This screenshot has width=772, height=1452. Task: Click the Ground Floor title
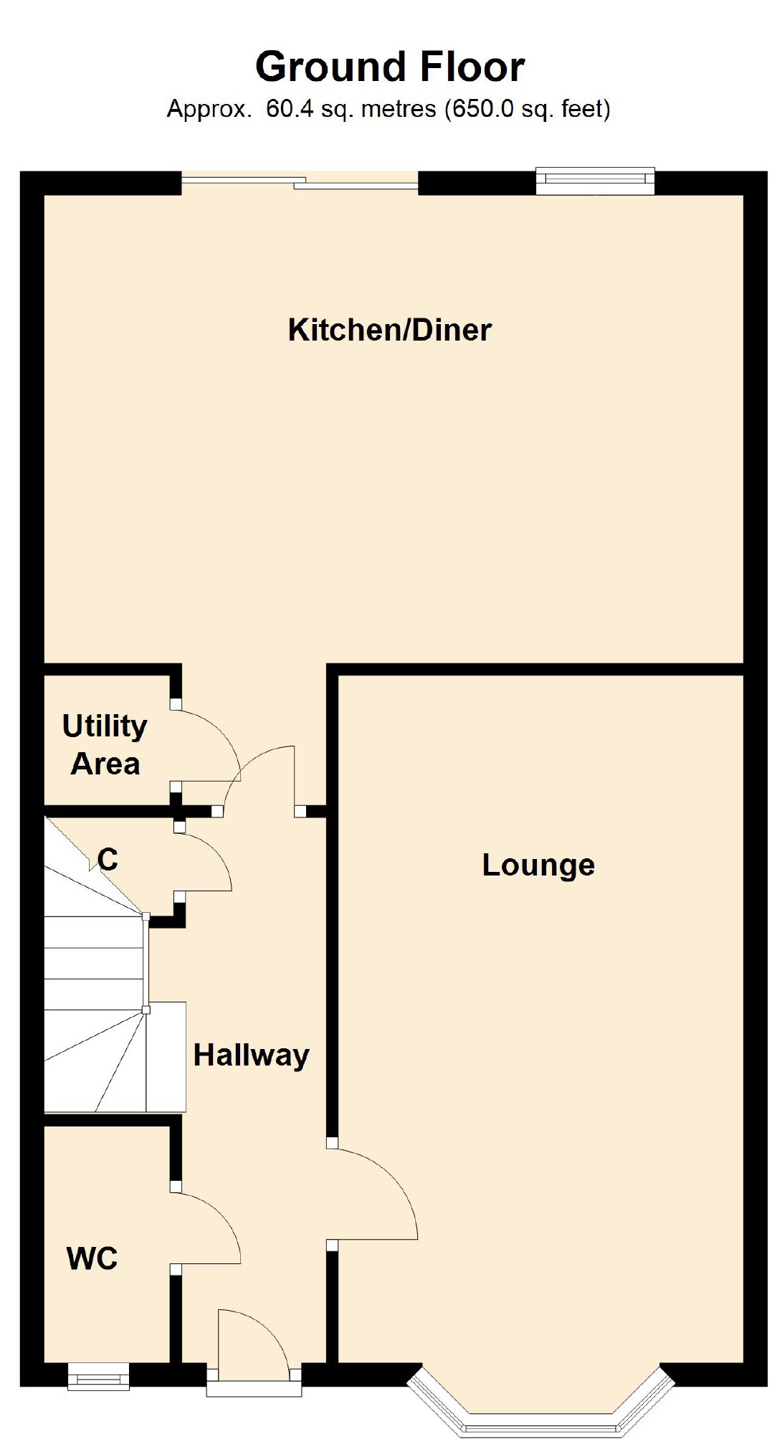[390, 67]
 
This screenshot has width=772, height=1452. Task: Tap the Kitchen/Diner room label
[390, 330]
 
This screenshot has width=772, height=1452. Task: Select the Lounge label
[538, 865]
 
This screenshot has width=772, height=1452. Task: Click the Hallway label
[251, 1055]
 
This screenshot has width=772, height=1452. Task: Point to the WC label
[92, 1259]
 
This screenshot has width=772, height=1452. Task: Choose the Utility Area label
[105, 745]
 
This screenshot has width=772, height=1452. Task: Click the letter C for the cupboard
[108, 859]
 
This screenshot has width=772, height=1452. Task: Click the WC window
[99, 1377]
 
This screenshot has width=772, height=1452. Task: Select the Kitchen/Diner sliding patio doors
[300, 184]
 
